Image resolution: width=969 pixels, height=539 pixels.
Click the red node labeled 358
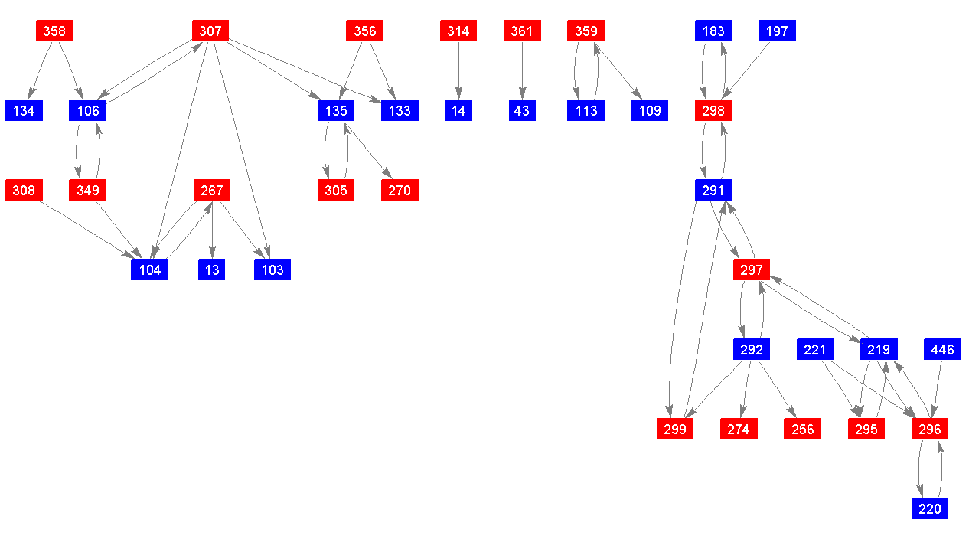tap(54, 31)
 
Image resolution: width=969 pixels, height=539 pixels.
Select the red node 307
tap(210, 31)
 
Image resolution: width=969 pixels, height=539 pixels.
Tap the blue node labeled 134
tap(24, 110)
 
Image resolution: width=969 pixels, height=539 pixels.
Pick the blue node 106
tap(87, 110)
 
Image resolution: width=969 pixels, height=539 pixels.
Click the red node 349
tap(87, 190)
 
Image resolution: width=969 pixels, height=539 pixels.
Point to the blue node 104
tap(150, 269)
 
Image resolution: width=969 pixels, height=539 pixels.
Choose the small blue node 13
tap(211, 269)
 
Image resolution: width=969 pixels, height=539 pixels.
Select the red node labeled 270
tap(400, 190)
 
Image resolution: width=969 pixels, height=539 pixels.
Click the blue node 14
tap(458, 110)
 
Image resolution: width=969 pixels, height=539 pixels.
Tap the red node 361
tap(522, 31)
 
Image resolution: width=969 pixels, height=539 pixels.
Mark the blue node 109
tap(650, 110)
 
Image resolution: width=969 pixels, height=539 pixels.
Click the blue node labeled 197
tap(777, 31)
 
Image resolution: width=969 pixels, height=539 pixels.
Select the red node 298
tap(713, 110)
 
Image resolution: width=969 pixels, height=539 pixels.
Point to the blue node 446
tap(943, 349)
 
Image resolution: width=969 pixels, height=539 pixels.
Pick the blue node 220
tap(930, 508)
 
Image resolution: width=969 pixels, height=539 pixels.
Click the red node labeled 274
tap(739, 429)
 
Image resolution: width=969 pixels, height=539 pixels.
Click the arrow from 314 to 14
tap(458, 70)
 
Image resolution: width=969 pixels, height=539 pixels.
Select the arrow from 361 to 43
tap(522, 70)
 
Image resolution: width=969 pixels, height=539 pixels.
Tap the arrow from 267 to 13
tap(212, 230)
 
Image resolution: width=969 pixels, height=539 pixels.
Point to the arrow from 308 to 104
tap(86, 230)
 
